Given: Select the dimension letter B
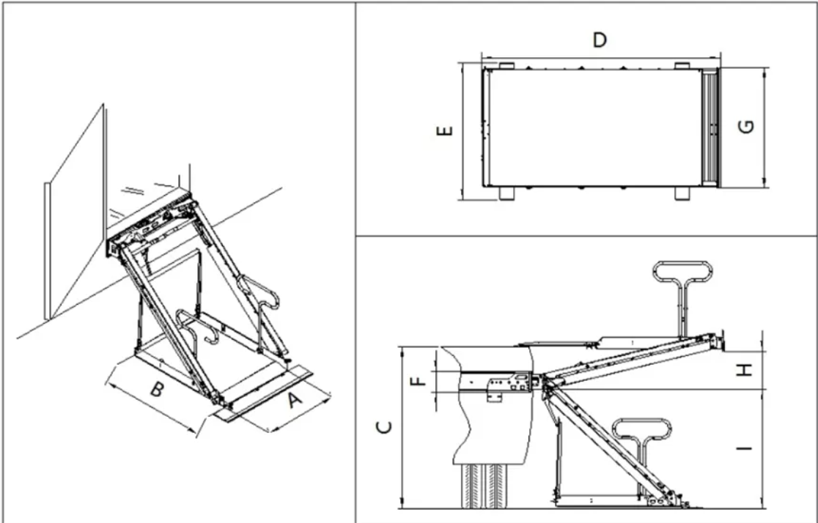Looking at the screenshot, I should (x=157, y=390).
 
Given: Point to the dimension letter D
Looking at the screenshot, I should (x=600, y=40).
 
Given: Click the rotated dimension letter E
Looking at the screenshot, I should (x=444, y=132).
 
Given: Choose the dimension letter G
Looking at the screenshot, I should (x=746, y=127).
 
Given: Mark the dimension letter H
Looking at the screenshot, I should (x=745, y=370).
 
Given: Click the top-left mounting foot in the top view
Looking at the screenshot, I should (x=506, y=66).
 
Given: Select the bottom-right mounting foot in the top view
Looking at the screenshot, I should (x=682, y=193).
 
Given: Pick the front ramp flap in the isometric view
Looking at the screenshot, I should (x=264, y=397).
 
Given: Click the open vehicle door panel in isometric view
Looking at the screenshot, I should (x=73, y=220).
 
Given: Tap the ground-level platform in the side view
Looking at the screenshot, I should (x=594, y=502).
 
